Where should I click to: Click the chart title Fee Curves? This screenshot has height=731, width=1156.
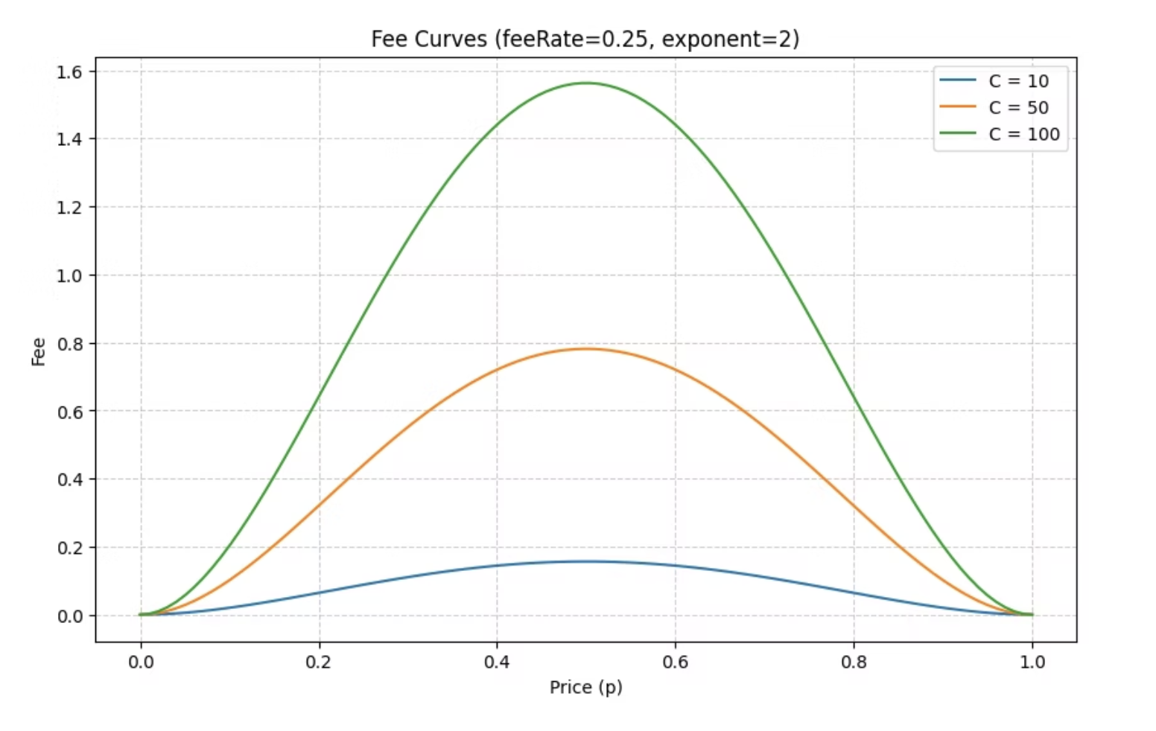[x=585, y=39]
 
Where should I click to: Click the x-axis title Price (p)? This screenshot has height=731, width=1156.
[x=585, y=687]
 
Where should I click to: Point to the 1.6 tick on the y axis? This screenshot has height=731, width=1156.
[x=70, y=71]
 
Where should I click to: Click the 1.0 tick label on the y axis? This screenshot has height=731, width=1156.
[x=70, y=275]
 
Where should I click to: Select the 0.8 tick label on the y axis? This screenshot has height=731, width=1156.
[x=70, y=343]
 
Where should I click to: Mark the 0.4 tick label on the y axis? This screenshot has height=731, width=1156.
[x=70, y=479]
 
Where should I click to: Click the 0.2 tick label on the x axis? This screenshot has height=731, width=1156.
[x=319, y=662]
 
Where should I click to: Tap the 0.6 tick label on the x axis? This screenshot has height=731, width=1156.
[x=675, y=662]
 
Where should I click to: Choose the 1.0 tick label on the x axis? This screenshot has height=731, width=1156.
[x=1032, y=662]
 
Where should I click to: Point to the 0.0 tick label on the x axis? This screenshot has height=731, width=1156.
[x=141, y=662]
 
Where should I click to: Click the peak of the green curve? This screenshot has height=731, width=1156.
[x=586, y=83]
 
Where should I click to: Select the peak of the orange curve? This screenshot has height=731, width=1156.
[x=586, y=348]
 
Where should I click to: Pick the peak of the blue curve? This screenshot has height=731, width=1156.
[x=586, y=561]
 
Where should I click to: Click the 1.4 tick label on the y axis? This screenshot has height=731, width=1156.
[x=70, y=139]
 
